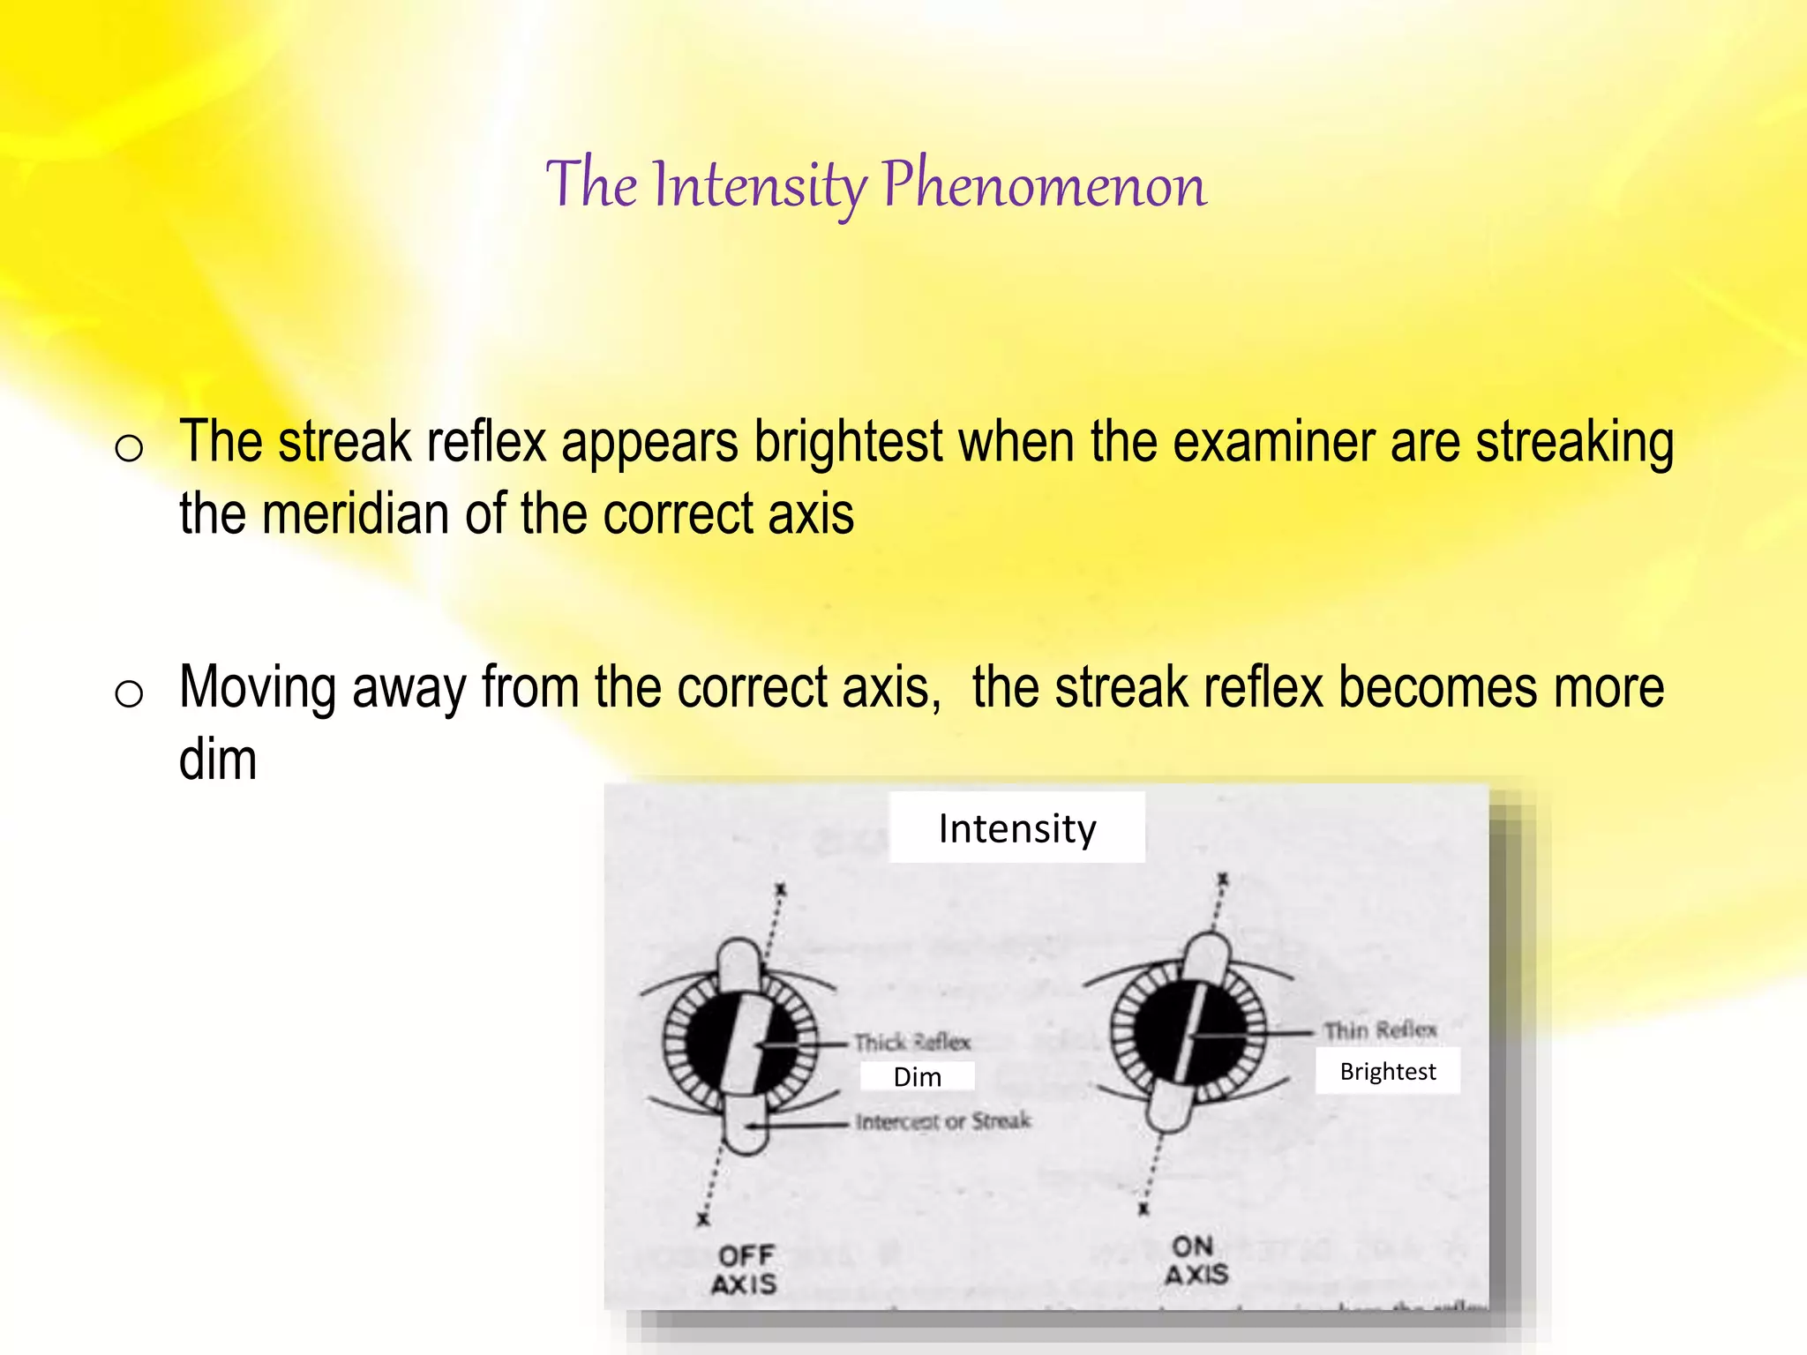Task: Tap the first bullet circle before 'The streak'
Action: (129, 449)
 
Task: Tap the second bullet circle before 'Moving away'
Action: (129, 694)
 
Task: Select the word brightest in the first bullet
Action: (848, 442)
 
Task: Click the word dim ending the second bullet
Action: (217, 760)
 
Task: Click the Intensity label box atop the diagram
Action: (1016, 827)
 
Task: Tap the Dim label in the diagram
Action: (918, 1077)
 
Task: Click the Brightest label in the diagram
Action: (1387, 1071)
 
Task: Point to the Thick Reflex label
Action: (912, 1043)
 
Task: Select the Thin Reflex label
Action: (1379, 1030)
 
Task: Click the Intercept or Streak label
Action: (942, 1121)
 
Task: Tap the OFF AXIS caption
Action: (746, 1269)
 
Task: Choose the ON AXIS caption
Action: (1196, 1260)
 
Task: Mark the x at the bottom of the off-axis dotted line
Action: (703, 1219)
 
